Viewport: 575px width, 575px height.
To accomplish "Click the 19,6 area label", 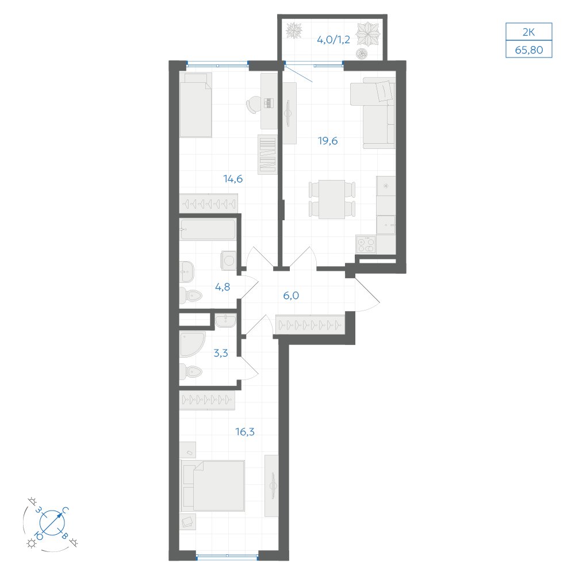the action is click(x=328, y=141).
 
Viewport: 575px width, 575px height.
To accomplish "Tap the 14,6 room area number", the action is click(x=233, y=179).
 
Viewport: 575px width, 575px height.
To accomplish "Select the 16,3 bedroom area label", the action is click(x=245, y=432).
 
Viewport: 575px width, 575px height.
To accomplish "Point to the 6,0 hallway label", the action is click(x=291, y=296).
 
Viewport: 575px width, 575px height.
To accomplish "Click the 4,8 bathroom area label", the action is click(x=223, y=287).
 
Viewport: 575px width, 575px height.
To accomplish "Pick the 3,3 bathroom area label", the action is click(x=221, y=353).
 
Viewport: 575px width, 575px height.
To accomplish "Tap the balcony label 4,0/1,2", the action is click(x=333, y=40).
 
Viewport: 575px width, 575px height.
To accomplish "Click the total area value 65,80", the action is click(x=529, y=50).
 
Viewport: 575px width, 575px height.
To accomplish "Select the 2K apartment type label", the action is click(x=529, y=32).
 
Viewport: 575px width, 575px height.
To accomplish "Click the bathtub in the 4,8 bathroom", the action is click(x=208, y=229).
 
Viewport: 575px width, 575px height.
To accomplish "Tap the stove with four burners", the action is click(x=366, y=244).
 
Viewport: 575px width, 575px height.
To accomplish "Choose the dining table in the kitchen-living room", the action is click(x=332, y=199).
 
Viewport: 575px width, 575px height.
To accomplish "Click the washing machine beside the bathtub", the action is click(x=228, y=260).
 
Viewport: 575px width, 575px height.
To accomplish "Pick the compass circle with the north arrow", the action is click(x=52, y=523).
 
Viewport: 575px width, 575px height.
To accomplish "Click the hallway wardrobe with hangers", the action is click(x=310, y=324).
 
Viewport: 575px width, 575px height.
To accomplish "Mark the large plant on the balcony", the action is click(x=368, y=34).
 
